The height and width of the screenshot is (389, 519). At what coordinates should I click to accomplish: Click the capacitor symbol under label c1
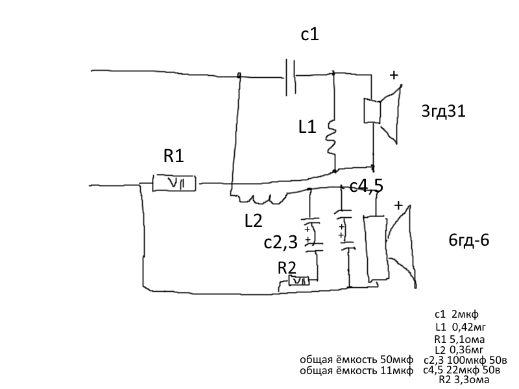[291, 77]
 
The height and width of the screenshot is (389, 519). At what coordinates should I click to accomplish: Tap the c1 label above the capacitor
[310, 34]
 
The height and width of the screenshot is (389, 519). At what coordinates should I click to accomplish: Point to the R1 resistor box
[174, 183]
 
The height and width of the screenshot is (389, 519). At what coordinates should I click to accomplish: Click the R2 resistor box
[299, 281]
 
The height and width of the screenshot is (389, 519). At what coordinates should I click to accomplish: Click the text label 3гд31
[444, 111]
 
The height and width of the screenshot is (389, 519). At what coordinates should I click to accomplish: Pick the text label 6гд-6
[468, 240]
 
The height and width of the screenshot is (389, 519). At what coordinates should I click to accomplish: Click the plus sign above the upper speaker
[394, 75]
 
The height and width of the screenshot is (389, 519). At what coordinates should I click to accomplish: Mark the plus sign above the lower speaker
[398, 206]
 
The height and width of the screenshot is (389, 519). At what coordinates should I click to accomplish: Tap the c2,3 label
[281, 242]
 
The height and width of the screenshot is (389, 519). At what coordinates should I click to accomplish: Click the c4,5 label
[367, 186]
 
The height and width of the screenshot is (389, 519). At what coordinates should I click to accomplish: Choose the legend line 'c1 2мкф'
[457, 314]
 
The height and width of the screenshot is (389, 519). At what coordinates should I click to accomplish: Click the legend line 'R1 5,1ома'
[459, 339]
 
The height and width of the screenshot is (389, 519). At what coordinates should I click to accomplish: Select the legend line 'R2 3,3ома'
[464, 380]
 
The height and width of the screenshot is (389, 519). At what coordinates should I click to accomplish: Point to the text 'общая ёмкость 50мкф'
[356, 360]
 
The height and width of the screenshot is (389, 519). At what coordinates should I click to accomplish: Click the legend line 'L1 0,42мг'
[461, 327]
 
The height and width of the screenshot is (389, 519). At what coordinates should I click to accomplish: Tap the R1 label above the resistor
[174, 156]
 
